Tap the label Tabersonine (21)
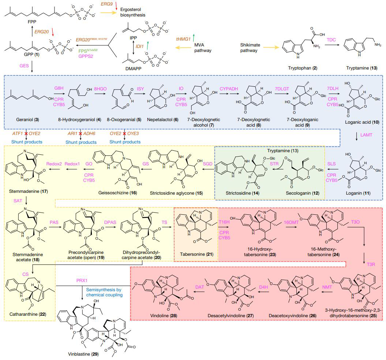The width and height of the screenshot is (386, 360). click(196, 254)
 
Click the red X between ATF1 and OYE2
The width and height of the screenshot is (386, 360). click(26, 134)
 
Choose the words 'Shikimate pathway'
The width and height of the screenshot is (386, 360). click(249, 48)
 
